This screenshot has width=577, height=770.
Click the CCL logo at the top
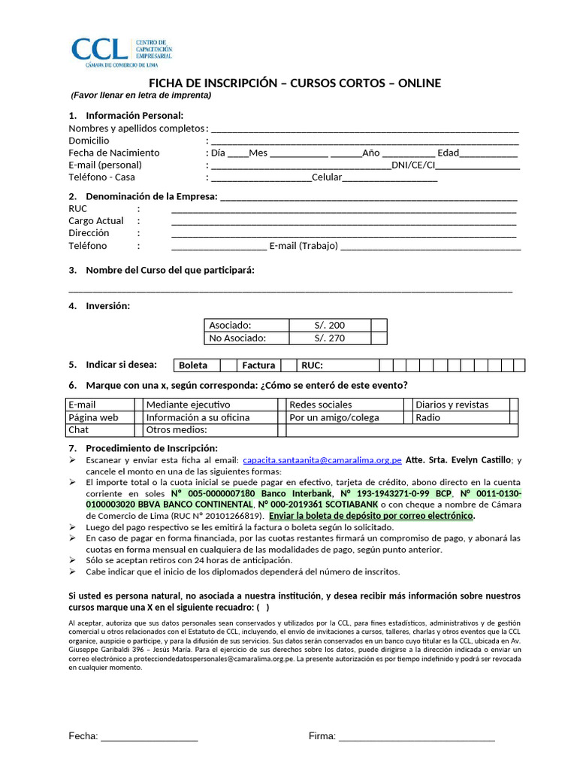121,50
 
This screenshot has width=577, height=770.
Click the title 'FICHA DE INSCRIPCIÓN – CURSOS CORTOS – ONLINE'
295,83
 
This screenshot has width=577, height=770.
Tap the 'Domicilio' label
89,141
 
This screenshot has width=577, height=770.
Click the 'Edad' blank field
488,153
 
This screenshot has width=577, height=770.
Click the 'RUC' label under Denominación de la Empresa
78,208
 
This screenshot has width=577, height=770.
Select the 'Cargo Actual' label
95,221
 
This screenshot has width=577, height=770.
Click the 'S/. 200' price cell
330,326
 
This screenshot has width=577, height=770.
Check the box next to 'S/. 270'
379,338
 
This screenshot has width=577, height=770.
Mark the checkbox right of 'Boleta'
228,365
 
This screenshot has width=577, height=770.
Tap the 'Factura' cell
258,365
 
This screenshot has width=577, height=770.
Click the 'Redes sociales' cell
315,405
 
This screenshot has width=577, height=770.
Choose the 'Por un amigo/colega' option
334,417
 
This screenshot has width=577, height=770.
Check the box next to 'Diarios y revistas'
514,405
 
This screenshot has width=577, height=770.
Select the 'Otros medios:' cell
177,430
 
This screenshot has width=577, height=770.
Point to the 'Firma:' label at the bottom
322,736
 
